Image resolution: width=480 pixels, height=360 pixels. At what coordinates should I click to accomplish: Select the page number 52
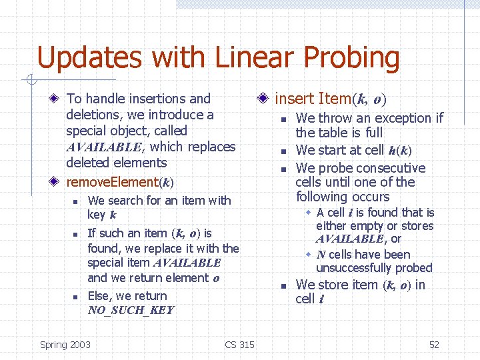(434, 345)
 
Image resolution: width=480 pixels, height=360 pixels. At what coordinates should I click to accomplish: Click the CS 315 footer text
(239, 345)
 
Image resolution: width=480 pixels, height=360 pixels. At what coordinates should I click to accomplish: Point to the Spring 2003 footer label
(65, 345)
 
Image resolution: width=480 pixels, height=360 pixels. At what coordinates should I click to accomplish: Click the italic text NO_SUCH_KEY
(131, 310)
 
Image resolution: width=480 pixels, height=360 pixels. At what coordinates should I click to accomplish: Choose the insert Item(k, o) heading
(330, 99)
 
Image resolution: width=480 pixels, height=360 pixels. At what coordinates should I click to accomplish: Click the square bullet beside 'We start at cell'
(283, 151)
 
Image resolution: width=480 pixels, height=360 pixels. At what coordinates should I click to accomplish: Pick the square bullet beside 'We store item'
(283, 286)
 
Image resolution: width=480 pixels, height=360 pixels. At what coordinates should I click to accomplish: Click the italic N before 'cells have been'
(321, 255)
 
